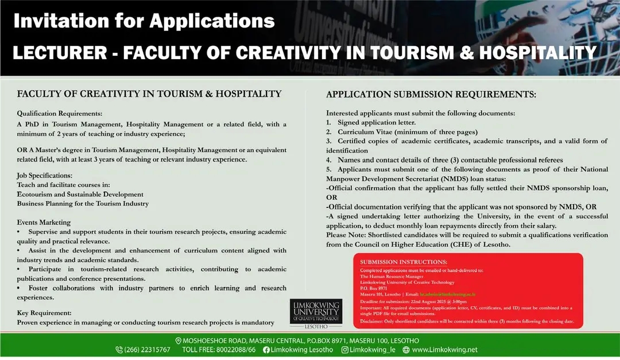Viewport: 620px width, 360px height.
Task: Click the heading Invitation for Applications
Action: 144,21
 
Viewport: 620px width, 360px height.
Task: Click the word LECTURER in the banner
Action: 60,53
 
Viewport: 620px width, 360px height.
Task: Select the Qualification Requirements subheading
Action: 60,113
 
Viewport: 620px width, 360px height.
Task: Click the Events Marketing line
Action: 44,222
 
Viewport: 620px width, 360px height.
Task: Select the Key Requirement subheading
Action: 44,313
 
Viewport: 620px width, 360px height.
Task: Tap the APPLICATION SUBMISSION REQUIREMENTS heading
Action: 431,94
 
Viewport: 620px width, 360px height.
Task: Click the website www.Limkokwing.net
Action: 444,350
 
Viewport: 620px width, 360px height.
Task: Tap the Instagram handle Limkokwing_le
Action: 373,350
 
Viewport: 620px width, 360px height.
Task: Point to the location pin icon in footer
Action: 178,340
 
